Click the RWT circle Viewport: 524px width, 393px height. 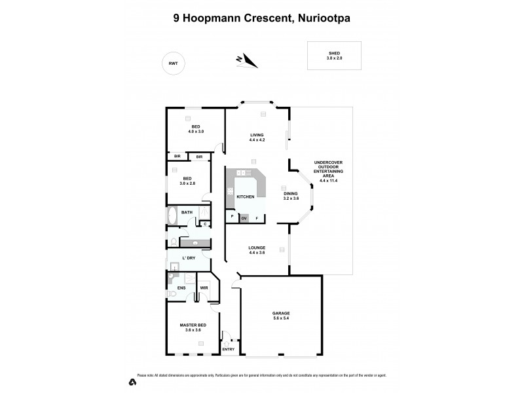tap(173, 63)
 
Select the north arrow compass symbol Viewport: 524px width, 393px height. tap(247, 61)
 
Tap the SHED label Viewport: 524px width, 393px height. tap(334, 52)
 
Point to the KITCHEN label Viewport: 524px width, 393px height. tap(245, 196)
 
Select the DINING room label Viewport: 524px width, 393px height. tap(290, 194)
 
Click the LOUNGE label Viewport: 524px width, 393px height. tap(256, 248)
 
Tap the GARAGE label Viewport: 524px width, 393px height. tap(281, 313)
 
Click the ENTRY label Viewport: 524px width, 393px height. tap(228, 349)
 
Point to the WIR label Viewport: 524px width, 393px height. tap(204, 287)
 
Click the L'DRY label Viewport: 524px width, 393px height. tap(188, 258)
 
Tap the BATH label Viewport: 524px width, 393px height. tap(187, 212)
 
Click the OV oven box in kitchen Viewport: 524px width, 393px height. tap(244, 218)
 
